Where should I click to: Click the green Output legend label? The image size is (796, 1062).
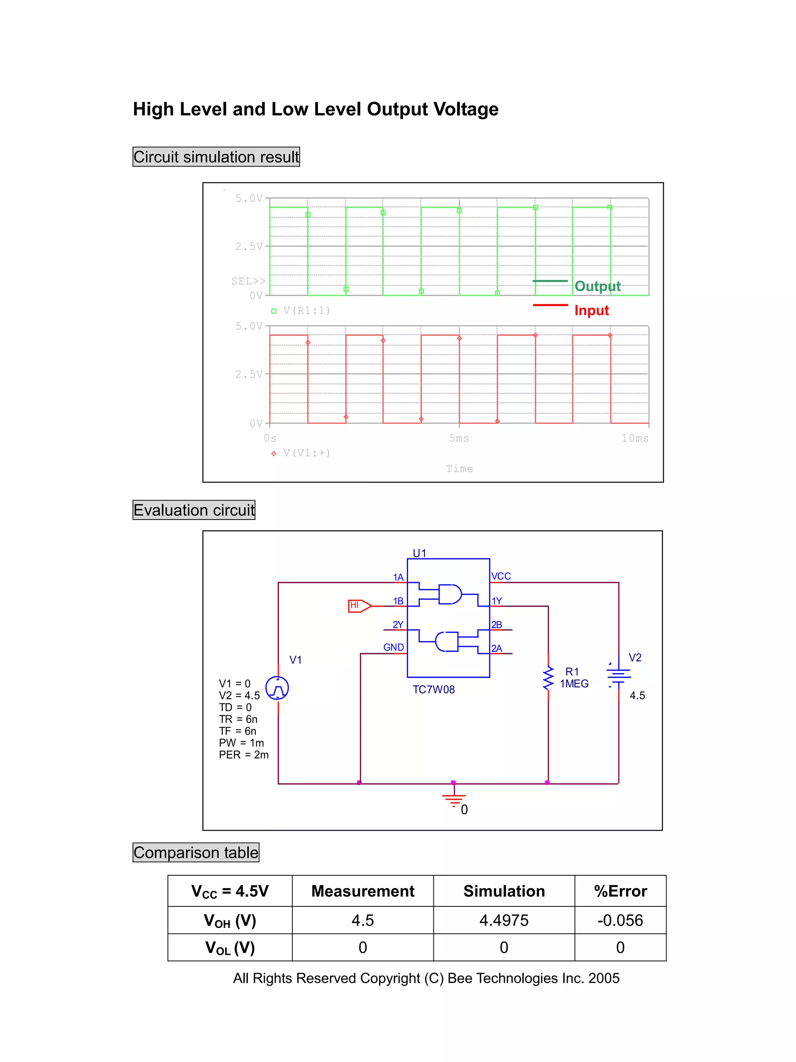(597, 287)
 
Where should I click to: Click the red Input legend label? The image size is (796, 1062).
(591, 311)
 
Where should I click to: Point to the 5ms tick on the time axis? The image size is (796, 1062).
(459, 438)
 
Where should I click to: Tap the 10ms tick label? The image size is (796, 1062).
(634, 438)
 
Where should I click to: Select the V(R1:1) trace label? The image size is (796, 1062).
(306, 311)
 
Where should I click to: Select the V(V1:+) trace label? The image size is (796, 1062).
(306, 453)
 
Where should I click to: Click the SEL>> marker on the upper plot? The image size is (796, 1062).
(248, 281)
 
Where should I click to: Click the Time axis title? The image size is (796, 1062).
(459, 469)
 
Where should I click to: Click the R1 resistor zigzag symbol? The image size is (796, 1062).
(548, 677)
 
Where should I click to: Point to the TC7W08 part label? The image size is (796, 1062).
(433, 689)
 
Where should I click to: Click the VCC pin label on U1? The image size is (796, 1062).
(501, 576)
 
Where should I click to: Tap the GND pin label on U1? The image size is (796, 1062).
(393, 647)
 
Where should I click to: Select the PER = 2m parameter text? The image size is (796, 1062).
(244, 755)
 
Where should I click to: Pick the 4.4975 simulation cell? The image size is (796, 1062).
(504, 920)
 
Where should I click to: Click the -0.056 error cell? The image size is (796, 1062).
(620, 920)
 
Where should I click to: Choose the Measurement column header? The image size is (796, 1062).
(363, 891)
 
